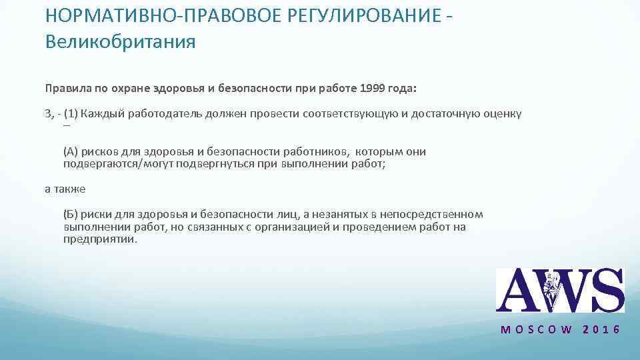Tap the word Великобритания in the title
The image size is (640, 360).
click(121, 43)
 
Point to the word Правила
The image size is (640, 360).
click(65, 88)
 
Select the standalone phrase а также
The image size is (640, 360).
click(65, 189)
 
